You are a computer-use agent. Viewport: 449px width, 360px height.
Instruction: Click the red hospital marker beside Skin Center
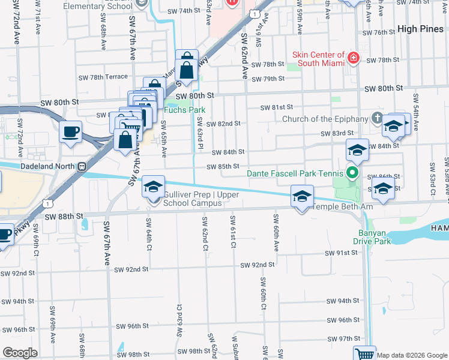click(x=353, y=58)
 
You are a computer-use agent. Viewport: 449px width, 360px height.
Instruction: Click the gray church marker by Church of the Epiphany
click(x=376, y=117)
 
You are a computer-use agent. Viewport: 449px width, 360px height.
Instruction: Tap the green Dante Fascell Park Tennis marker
click(x=353, y=174)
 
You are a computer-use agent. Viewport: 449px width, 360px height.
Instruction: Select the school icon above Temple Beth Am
click(x=303, y=196)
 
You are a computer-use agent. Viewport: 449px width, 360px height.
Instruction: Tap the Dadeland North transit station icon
click(x=81, y=166)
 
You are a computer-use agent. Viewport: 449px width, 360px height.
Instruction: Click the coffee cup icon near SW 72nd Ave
click(x=71, y=131)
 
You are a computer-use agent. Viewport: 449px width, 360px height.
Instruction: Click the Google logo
click(x=20, y=353)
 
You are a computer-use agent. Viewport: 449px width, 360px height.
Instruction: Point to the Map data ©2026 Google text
click(x=411, y=355)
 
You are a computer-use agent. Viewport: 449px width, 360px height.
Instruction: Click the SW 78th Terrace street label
click(x=104, y=77)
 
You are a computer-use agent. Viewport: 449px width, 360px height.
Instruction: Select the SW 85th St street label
click(x=223, y=166)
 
